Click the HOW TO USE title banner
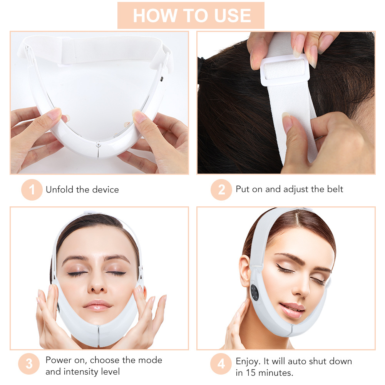tap(191, 15)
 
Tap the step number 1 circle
tap(32, 190)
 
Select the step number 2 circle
tap(221, 190)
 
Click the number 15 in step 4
tap(250, 372)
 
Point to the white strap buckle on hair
tap(285, 70)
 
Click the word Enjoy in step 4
tap(248, 361)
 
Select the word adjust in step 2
tap(297, 189)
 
